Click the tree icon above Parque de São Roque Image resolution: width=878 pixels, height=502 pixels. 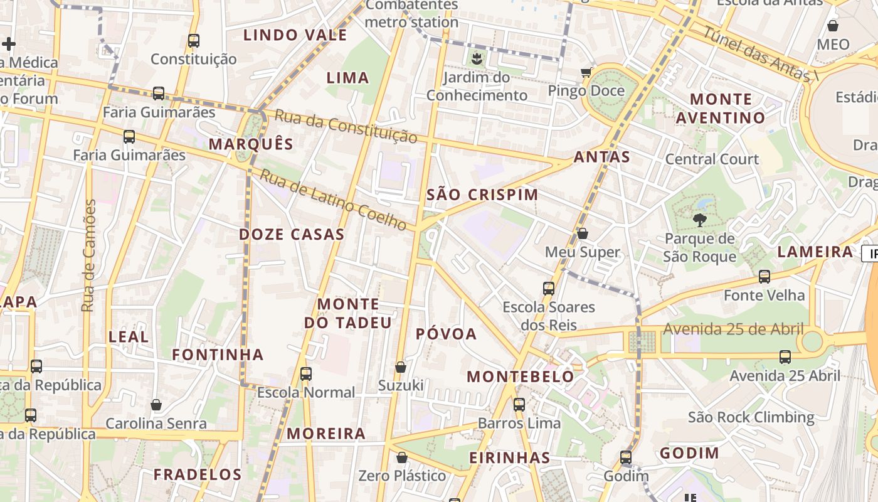pyautogui.click(x=699, y=220)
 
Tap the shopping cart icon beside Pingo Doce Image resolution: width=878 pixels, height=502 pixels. pyautogui.click(x=586, y=72)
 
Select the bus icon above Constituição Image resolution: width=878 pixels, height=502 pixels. pyautogui.click(x=194, y=41)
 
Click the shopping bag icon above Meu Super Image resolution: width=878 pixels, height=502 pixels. pyautogui.click(x=583, y=233)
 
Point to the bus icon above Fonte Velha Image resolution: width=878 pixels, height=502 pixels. pyautogui.click(x=764, y=276)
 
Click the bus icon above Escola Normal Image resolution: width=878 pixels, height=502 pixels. pyautogui.click(x=306, y=373)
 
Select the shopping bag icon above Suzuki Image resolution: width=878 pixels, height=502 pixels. pyautogui.click(x=401, y=366)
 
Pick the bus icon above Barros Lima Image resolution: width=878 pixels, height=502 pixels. pyautogui.click(x=519, y=404)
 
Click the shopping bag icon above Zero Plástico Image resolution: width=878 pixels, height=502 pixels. pyautogui.click(x=402, y=457)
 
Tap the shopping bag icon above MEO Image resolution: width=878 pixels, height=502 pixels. pyautogui.click(x=833, y=26)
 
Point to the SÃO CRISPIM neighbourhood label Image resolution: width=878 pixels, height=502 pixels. pyautogui.click(x=482, y=195)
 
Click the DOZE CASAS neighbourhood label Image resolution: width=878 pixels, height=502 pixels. pyautogui.click(x=292, y=235)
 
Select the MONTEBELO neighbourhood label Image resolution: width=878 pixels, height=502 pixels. pyautogui.click(x=521, y=376)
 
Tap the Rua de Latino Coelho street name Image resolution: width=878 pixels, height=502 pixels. pyautogui.click(x=333, y=199)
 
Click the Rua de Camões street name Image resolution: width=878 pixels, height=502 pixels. pyautogui.click(x=89, y=255)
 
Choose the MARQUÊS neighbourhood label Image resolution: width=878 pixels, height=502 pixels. pyautogui.click(x=251, y=144)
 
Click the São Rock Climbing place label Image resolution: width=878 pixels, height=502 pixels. pyautogui.click(x=751, y=417)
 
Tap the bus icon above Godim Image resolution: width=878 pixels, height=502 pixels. pyautogui.click(x=626, y=457)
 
